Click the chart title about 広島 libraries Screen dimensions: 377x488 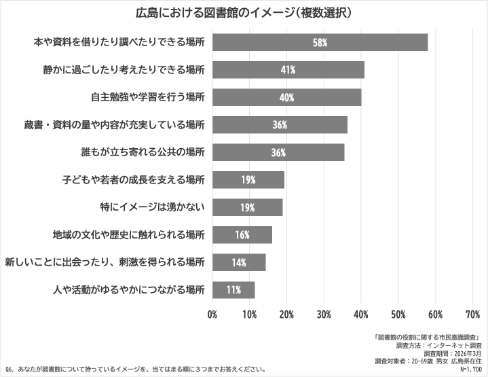(244, 13)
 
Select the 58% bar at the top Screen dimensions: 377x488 (320, 42)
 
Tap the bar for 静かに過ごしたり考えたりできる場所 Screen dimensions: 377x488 (288, 70)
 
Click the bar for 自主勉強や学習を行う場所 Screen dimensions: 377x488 (286, 97)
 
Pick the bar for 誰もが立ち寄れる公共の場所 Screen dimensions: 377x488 (278, 152)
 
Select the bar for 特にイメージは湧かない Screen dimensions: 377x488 (248, 207)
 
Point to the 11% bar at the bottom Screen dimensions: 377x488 (233, 290)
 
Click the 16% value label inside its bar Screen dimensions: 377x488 (242, 235)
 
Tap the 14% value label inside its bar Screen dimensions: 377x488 (238, 262)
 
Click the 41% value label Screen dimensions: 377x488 (287, 70)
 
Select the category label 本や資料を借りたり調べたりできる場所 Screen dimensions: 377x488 (119, 42)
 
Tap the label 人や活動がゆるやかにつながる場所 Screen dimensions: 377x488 (128, 290)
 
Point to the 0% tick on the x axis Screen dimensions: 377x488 (212, 314)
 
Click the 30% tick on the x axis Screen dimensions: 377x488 (324, 314)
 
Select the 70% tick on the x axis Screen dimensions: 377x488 (472, 314)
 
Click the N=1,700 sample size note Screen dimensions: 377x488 (470, 370)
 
